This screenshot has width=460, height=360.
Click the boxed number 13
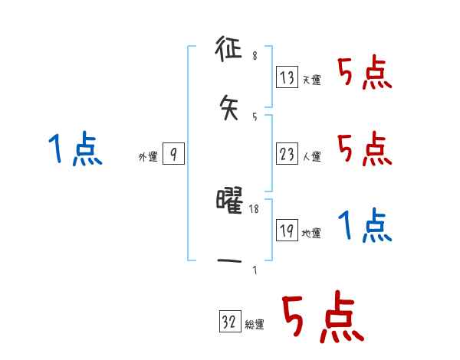tap(287, 77)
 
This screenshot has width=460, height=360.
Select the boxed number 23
tap(287, 155)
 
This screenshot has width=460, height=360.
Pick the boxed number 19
tap(287, 231)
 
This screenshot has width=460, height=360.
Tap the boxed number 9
tap(174, 155)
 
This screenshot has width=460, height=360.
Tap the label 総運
tap(255, 325)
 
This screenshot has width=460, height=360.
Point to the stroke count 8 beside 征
tap(255, 56)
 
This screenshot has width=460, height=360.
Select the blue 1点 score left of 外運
tap(75, 149)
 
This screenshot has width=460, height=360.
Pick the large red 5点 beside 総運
tap(322, 318)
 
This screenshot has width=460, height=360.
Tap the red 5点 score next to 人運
tap(365, 149)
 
